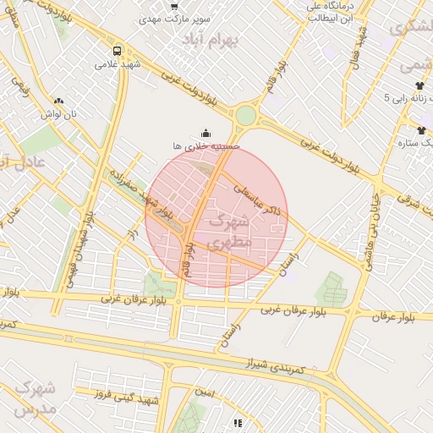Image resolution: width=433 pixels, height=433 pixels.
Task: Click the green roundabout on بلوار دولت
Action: [245, 115]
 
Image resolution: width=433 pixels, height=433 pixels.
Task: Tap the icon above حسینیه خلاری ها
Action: [206, 132]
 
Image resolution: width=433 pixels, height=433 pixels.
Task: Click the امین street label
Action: [204, 393]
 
